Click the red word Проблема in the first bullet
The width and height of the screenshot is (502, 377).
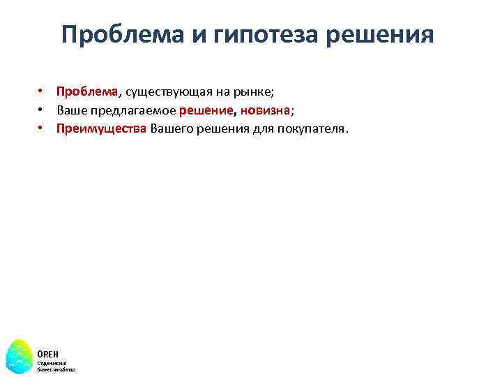pyautogui.click(x=88, y=91)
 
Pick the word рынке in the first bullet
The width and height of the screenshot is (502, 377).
pyautogui.click(x=255, y=91)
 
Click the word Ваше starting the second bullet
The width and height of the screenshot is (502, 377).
pyautogui.click(x=70, y=110)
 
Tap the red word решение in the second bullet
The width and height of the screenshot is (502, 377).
pyautogui.click(x=206, y=110)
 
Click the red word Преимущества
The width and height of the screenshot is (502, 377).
pyautogui.click(x=102, y=128)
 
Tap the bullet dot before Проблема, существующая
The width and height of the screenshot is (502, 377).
pyautogui.click(x=42, y=91)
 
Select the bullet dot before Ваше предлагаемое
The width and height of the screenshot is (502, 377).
pyautogui.click(x=42, y=110)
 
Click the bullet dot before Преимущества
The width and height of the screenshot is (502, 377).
pyautogui.click(x=42, y=128)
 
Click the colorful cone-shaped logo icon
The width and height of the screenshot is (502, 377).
pyautogui.click(x=20, y=355)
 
